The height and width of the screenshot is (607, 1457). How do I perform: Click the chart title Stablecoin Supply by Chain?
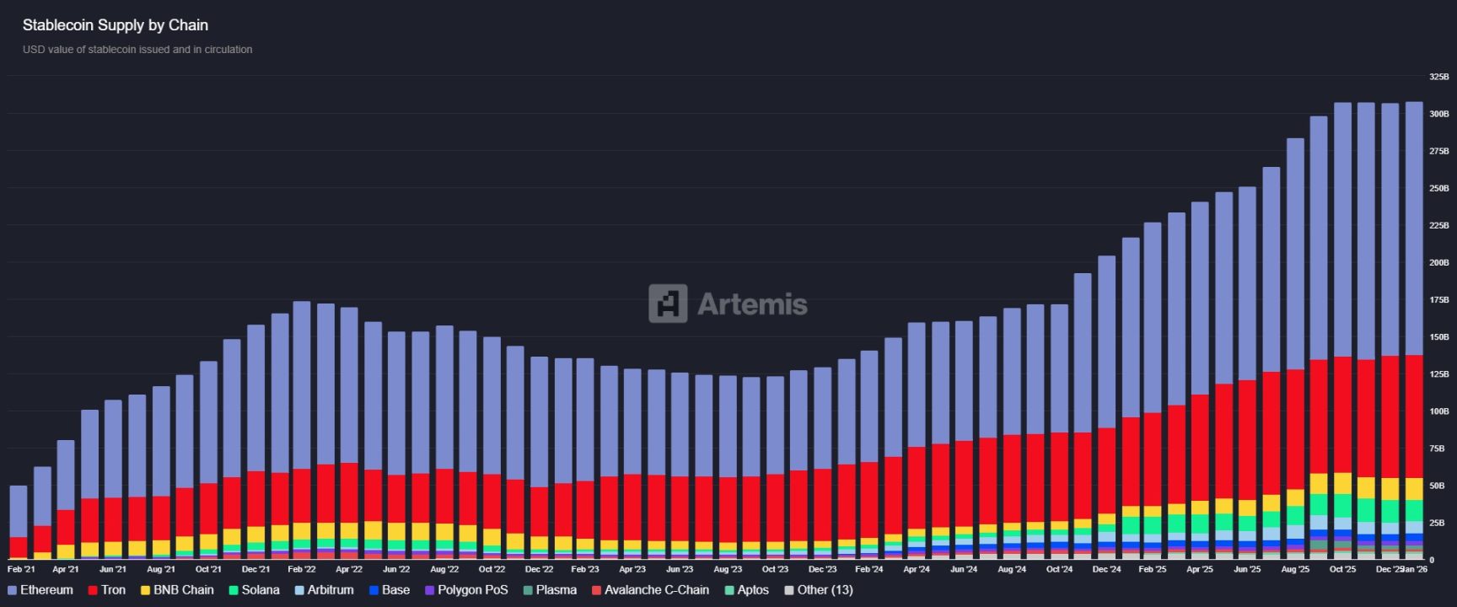click(x=115, y=25)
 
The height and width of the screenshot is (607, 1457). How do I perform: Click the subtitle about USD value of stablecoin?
click(x=137, y=50)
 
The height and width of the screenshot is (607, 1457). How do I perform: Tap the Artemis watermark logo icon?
click(x=667, y=303)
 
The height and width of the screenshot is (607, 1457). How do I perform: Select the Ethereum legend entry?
click(x=46, y=590)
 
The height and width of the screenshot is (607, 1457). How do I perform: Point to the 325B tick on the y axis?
click(x=1438, y=77)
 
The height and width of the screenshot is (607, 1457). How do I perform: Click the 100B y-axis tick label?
click(x=1438, y=411)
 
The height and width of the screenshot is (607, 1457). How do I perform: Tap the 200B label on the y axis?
click(x=1438, y=263)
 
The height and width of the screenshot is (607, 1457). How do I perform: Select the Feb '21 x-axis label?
click(x=21, y=570)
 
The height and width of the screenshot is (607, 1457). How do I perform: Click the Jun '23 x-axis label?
click(x=680, y=570)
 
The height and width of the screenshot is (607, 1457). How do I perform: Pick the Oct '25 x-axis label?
click(x=1342, y=570)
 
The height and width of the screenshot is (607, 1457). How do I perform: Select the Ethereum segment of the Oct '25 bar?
click(x=1342, y=228)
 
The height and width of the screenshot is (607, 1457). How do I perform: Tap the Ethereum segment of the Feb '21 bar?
click(x=19, y=511)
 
